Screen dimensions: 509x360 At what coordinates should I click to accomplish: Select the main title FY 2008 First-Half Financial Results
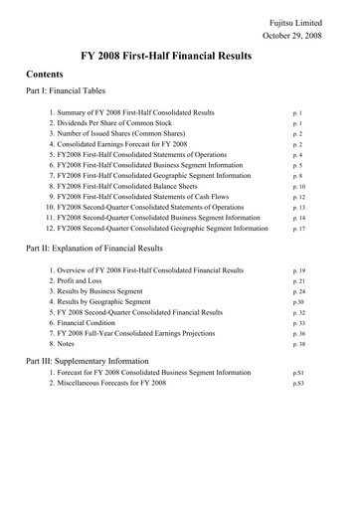pyautogui.click(x=179, y=56)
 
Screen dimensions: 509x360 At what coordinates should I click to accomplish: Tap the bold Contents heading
pyautogui.click(x=46, y=75)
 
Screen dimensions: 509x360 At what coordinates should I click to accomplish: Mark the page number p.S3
pyautogui.click(x=298, y=386)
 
